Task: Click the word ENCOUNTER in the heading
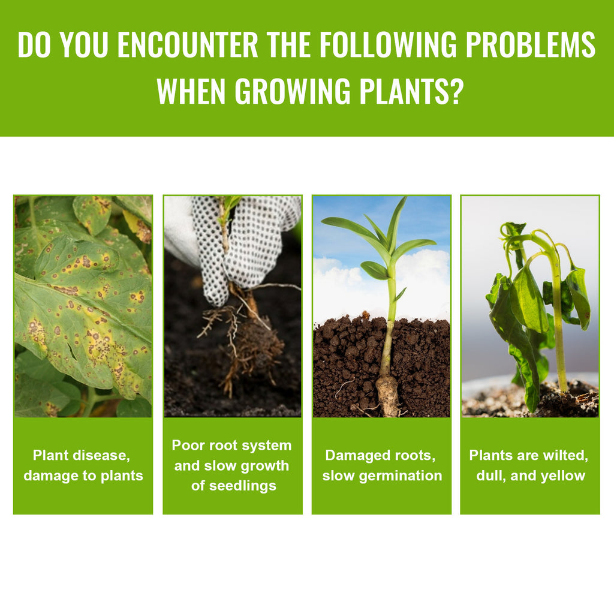tap(188, 45)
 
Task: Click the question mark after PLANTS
tap(456, 91)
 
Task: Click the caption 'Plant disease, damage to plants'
tap(83, 465)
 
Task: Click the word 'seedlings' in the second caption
tap(234, 486)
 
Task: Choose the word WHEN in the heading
tap(191, 91)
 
